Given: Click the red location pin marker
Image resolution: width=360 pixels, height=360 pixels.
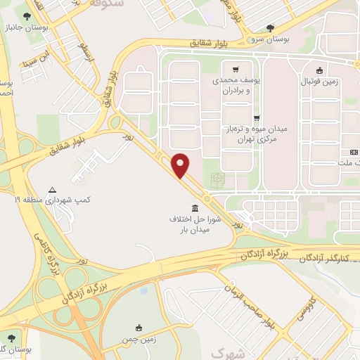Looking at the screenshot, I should pyautogui.click(x=181, y=165).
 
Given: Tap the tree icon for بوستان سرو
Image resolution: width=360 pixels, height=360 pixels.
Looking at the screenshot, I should pyautogui.click(x=271, y=28).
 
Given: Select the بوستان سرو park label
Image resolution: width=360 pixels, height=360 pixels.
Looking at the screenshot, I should pyautogui.click(x=271, y=39).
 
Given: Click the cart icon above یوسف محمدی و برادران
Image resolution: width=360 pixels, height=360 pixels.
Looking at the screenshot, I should pyautogui.click(x=236, y=69).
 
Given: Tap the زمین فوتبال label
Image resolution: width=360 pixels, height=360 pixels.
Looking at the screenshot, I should pyautogui.click(x=320, y=81).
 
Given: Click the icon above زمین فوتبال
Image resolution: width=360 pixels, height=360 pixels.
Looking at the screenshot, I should pyautogui.click(x=320, y=70).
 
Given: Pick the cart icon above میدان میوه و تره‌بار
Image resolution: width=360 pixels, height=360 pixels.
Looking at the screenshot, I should pyautogui.click(x=257, y=119).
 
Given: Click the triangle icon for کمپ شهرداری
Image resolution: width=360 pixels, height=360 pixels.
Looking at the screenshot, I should pyautogui.click(x=52, y=190).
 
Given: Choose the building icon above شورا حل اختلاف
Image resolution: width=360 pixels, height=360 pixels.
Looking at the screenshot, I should pyautogui.click(x=194, y=208).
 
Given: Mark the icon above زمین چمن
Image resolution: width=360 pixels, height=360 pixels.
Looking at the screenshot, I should pyautogui.click(x=139, y=327).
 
